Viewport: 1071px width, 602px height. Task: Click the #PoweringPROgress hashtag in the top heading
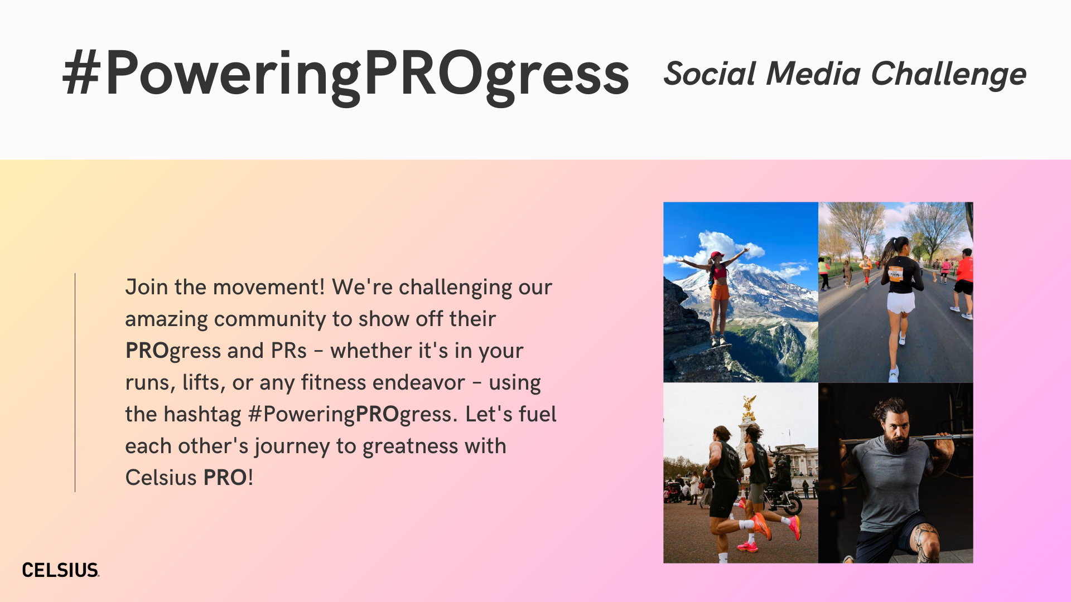pos(346,75)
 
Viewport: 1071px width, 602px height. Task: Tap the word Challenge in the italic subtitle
pos(948,75)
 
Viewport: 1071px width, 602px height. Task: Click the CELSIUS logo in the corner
pos(61,570)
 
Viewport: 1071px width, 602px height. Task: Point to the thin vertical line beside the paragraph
pos(75,382)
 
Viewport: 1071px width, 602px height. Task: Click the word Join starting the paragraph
pos(147,287)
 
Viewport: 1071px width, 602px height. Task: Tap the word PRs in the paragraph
pos(288,351)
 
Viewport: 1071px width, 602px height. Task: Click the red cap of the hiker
pos(717,255)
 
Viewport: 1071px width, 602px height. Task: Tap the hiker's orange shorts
pos(720,292)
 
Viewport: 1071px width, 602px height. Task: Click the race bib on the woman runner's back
pos(896,273)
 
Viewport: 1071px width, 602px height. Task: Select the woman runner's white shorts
pos(901,302)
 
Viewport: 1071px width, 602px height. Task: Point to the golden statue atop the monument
pos(749,407)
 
